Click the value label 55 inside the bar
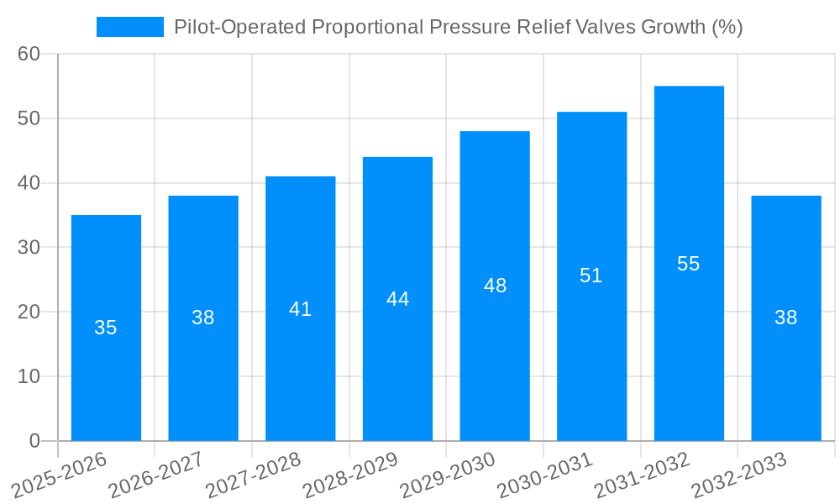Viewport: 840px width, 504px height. [x=689, y=264]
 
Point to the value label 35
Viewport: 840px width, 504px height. [x=106, y=328]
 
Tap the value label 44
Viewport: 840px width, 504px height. [x=397, y=299]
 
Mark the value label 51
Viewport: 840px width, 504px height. [x=591, y=276]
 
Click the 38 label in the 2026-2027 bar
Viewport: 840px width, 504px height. [x=203, y=318]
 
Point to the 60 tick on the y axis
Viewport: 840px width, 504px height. [x=29, y=54]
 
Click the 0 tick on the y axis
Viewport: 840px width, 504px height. [x=34, y=441]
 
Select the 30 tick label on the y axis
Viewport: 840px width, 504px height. [x=29, y=247]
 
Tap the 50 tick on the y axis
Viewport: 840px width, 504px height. [x=29, y=118]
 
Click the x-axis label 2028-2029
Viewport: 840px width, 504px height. [x=350, y=475]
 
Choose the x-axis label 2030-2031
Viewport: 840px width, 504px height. [x=544, y=475]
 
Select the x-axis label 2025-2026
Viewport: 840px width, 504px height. [x=60, y=475]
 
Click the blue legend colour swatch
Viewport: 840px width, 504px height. [x=130, y=27]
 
